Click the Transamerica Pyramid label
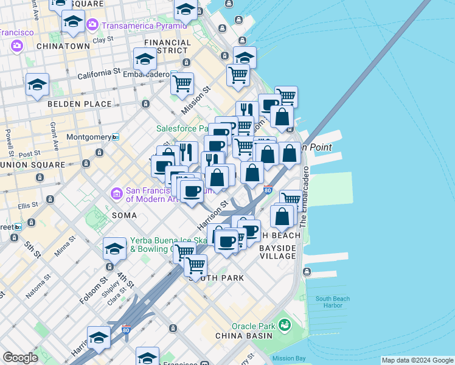(144, 26)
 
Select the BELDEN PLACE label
(80, 104)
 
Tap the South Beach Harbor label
(332, 302)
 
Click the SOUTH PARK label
(218, 278)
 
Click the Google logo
(20, 358)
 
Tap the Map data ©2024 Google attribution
(417, 360)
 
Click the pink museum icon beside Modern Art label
(117, 194)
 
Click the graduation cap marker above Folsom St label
(114, 249)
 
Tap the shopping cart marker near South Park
(195, 265)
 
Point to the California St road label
(99, 72)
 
